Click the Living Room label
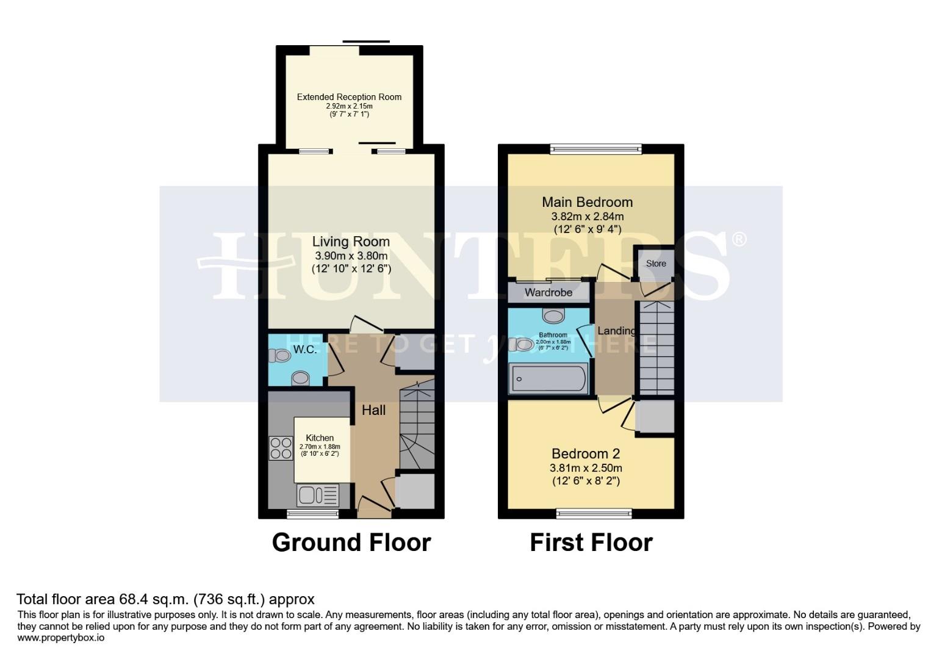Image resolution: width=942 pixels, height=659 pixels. [351, 242]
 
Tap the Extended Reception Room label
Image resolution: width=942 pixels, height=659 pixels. [349, 97]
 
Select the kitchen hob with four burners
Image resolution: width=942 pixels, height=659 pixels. [281, 448]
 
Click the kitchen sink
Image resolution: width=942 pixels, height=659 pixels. [317, 495]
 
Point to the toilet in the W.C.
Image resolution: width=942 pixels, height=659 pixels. [280, 355]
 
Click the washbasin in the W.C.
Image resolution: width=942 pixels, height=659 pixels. [300, 378]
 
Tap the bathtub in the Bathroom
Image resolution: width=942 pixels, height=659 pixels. [548, 378]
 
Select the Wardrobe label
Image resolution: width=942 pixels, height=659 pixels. [548, 293]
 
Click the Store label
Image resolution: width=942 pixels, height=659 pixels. [656, 264]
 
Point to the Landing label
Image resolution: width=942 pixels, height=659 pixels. [616, 331]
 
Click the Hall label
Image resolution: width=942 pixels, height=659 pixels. [373, 410]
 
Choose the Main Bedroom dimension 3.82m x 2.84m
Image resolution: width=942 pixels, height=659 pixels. [587, 217]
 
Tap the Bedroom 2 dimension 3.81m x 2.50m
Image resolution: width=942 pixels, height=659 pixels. [586, 468]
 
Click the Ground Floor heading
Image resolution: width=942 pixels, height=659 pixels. [351, 542]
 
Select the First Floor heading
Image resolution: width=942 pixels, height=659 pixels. [591, 542]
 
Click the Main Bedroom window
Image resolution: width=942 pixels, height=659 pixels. [595, 148]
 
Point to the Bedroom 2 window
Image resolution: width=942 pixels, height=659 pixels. [594, 514]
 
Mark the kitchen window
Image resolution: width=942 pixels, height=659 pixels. [312, 514]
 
